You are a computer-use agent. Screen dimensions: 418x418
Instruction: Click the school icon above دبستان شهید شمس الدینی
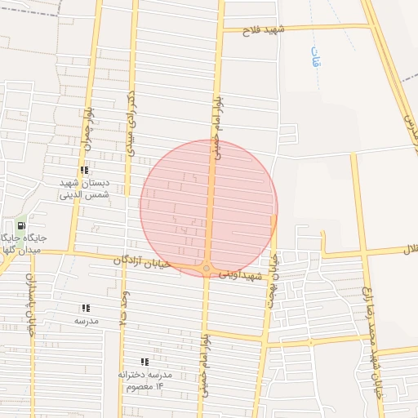pyautogui.click(x=84, y=170)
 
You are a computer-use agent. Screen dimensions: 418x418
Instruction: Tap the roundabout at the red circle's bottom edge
pyautogui.click(x=207, y=268)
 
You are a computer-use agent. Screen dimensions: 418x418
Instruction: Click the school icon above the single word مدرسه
pyautogui.click(x=86, y=308)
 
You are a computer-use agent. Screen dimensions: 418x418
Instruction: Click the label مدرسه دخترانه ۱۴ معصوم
pyautogui.click(x=145, y=380)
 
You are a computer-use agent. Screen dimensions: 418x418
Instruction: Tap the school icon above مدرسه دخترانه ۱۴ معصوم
pyautogui.click(x=145, y=361)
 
